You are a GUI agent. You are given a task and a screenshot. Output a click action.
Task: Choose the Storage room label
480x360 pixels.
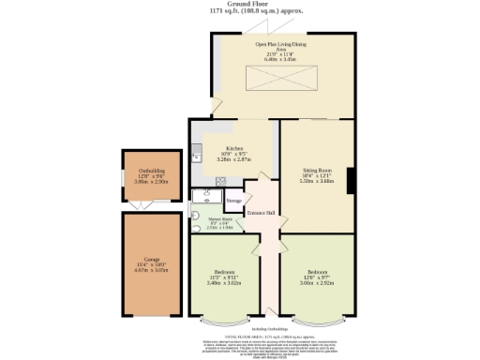pos(233,201)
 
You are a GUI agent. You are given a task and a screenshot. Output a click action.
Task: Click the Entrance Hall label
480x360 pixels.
pos(260,214)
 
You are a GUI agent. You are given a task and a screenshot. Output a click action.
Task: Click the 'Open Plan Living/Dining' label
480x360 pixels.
pos(282,44)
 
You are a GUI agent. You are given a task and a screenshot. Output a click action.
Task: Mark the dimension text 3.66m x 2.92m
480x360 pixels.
pos(313,282)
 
